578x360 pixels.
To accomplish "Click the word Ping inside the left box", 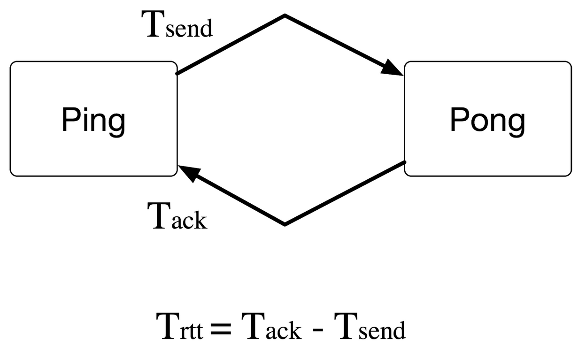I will click(x=93, y=121).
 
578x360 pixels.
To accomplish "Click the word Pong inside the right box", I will click(x=487, y=121).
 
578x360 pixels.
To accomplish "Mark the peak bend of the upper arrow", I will click(x=285, y=15).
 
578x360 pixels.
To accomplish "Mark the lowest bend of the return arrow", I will click(x=285, y=224).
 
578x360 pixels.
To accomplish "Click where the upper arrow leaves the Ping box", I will click(x=177, y=73).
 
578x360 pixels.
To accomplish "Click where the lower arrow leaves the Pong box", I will click(x=404, y=162).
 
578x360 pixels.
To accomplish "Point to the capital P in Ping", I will click(x=69, y=120).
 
